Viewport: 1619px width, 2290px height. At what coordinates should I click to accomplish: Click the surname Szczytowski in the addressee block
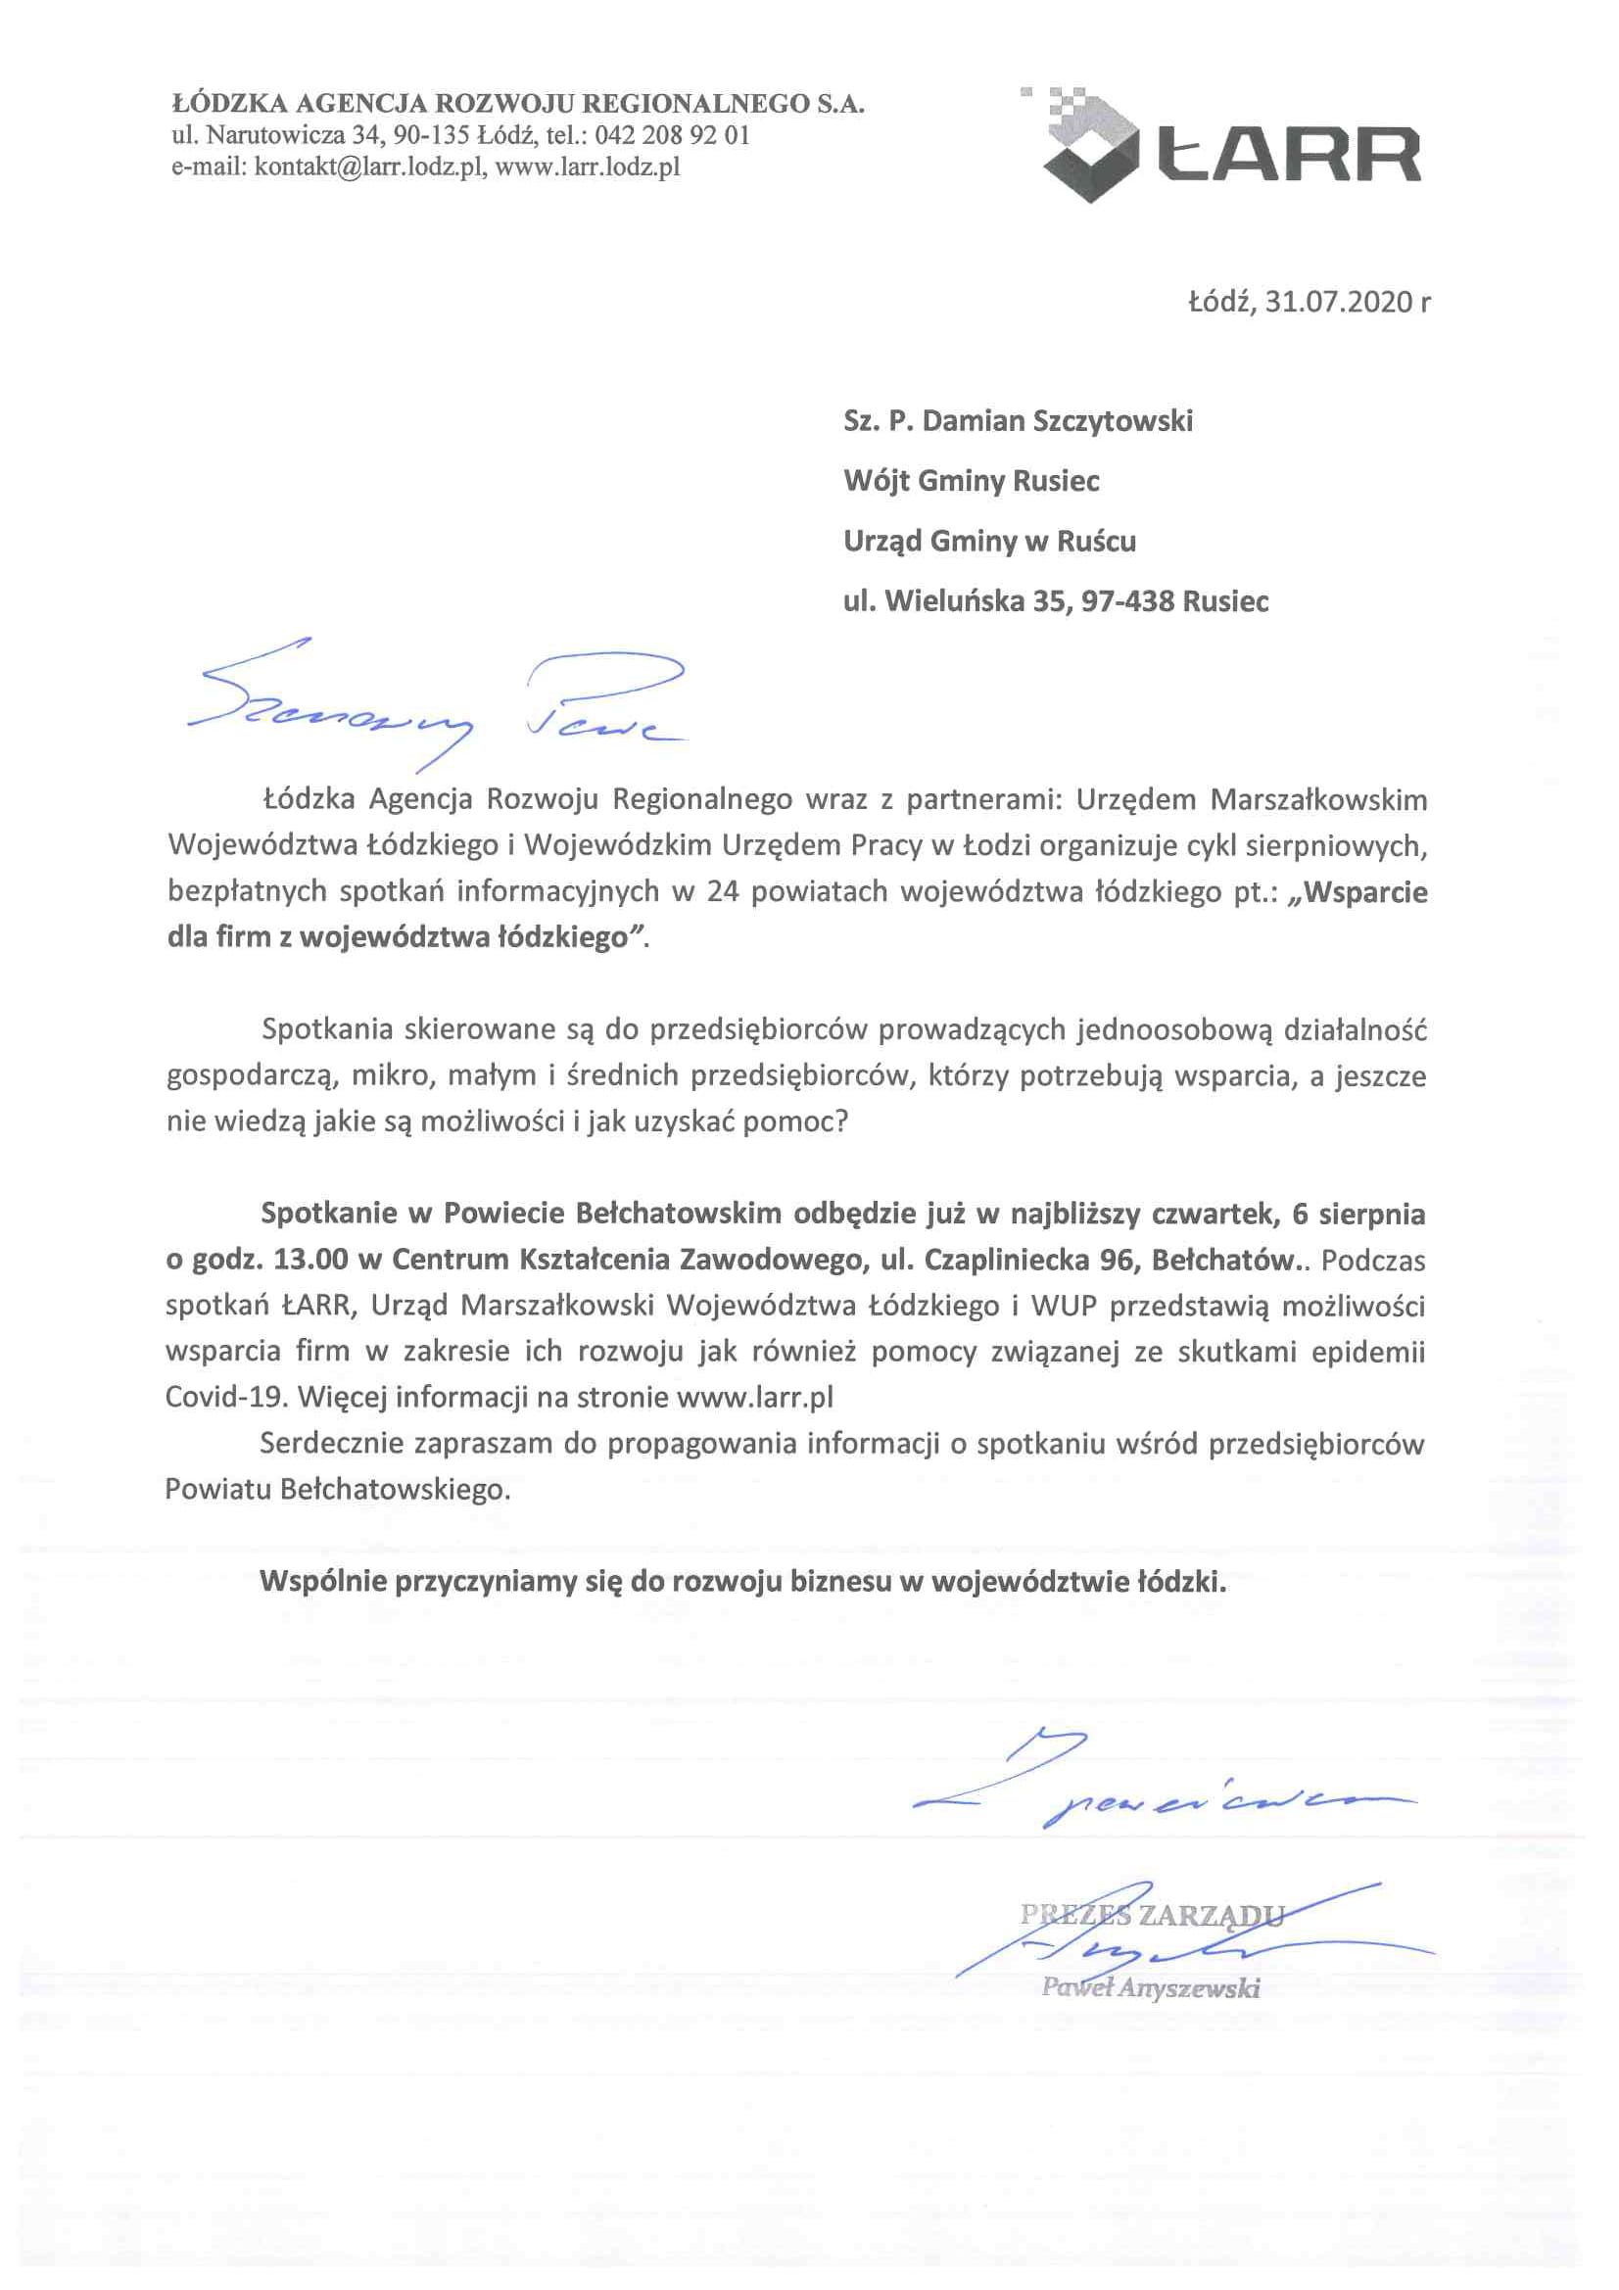point(1113,421)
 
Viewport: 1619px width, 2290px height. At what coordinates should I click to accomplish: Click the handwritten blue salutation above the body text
point(439,703)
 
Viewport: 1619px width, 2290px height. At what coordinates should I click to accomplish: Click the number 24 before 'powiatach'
point(723,890)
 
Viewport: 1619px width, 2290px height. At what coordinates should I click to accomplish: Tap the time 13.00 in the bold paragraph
point(311,1260)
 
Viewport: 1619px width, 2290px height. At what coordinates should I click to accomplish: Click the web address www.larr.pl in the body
point(755,1397)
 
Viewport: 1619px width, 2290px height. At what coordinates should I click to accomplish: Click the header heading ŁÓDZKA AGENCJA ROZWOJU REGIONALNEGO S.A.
point(519,104)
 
